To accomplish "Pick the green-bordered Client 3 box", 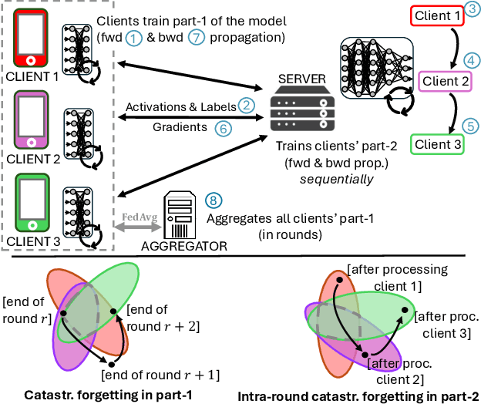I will click(437, 143).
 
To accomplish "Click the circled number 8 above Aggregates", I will click(214, 198).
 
